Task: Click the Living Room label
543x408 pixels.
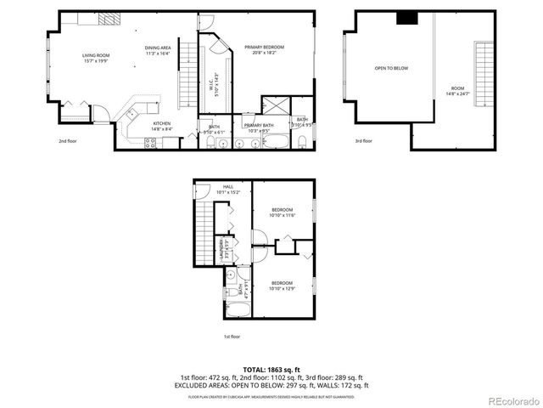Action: tap(96, 58)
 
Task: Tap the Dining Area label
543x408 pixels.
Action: tap(158, 50)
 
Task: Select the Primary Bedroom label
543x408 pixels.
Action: tap(263, 49)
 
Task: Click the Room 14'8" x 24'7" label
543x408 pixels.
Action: tap(457, 90)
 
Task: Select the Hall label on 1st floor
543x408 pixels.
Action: tap(228, 189)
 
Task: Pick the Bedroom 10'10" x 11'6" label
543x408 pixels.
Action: tap(282, 212)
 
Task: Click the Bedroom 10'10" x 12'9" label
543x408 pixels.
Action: tap(282, 285)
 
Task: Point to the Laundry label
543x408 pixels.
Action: tap(227, 245)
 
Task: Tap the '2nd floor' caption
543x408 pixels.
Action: tap(67, 141)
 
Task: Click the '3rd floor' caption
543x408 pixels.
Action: tap(363, 141)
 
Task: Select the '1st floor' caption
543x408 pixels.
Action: tap(232, 337)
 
